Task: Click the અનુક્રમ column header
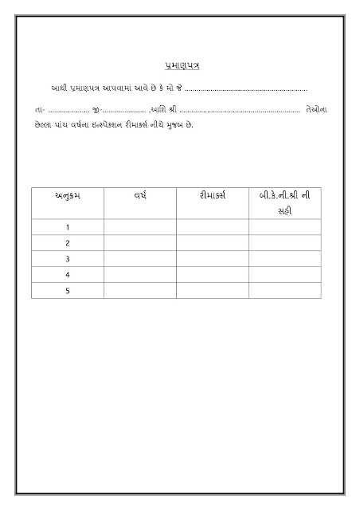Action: [x=68, y=195]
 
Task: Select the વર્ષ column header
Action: [x=140, y=195]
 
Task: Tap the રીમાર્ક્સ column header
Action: [x=213, y=195]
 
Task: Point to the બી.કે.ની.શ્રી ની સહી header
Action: [x=285, y=202]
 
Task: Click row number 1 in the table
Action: [x=68, y=227]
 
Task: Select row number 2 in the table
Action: [x=68, y=243]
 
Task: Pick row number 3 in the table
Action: [x=68, y=259]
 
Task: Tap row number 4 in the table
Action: [x=68, y=275]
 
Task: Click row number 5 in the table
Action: [x=68, y=291]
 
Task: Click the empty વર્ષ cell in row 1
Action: [x=140, y=227]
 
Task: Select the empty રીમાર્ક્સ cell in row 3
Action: [x=213, y=259]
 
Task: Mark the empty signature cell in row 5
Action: [x=285, y=291]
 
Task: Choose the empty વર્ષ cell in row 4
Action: [x=140, y=275]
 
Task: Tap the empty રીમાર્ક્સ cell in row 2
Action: [x=213, y=243]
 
